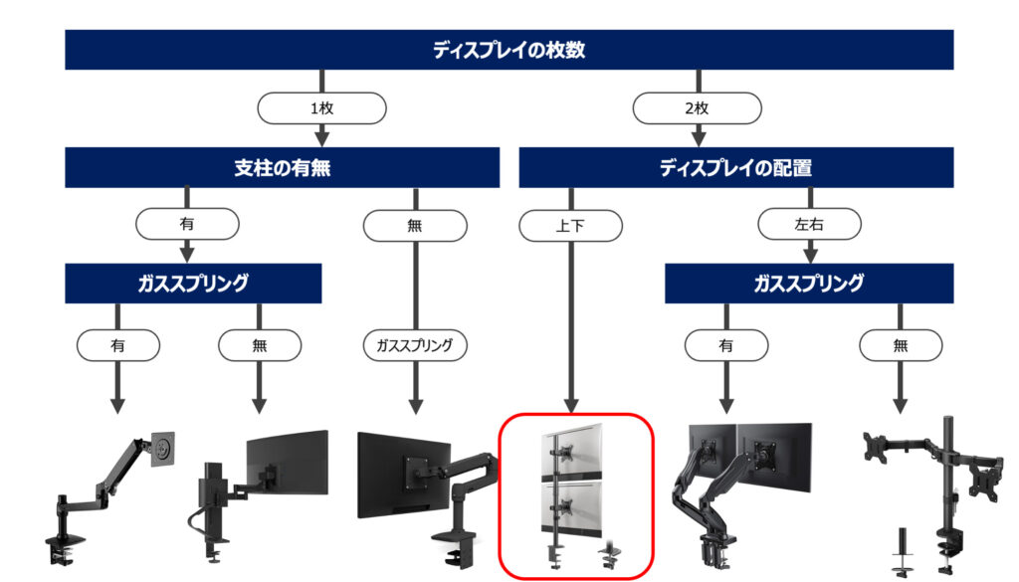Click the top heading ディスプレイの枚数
(x=509, y=50)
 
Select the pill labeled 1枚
(x=321, y=107)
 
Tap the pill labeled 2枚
(x=697, y=107)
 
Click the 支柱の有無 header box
(x=282, y=167)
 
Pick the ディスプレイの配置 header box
(x=735, y=167)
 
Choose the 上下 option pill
(x=570, y=226)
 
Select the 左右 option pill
(x=809, y=224)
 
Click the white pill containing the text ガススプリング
(x=415, y=345)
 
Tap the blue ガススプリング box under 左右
(x=809, y=284)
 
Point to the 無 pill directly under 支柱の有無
(x=415, y=226)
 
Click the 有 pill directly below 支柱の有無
(x=187, y=224)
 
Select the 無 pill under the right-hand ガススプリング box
(x=900, y=345)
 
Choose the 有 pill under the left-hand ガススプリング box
(x=117, y=345)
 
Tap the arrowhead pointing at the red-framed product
(x=570, y=406)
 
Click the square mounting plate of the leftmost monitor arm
(x=162, y=448)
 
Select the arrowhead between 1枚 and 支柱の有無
(x=321, y=138)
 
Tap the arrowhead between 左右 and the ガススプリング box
(x=809, y=255)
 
